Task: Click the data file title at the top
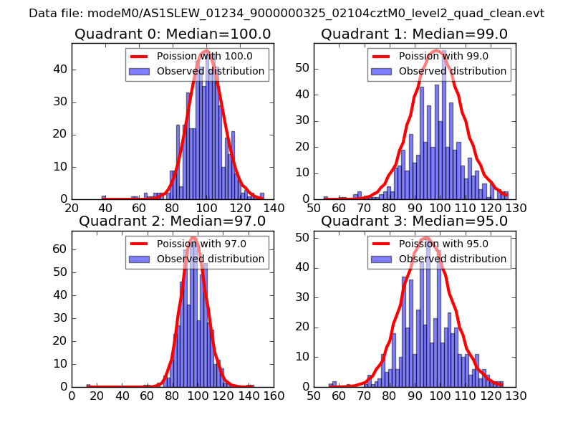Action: (286, 14)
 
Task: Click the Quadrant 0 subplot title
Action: (173, 34)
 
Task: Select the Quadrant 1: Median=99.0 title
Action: (414, 34)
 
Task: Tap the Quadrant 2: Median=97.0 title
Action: (173, 221)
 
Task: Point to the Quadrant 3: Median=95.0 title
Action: (414, 221)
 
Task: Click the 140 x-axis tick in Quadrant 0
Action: (274, 208)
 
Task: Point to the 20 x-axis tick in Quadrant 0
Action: (72, 208)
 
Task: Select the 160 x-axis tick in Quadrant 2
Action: (274, 396)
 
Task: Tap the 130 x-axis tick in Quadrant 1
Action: (516, 208)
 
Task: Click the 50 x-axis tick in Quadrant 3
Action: (314, 396)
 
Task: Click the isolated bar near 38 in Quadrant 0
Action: (103, 197)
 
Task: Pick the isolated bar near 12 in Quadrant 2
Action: (87, 385)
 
